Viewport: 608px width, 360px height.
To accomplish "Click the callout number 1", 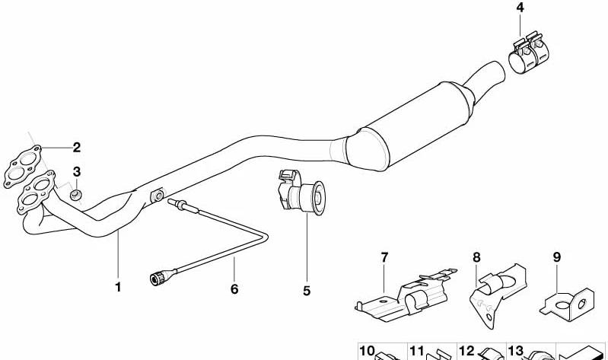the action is click(x=118, y=288).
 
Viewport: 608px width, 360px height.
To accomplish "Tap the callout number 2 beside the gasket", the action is click(x=77, y=148).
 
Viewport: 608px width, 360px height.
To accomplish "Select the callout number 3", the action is click(x=77, y=171).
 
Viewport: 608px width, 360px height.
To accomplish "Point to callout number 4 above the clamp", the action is click(x=520, y=8).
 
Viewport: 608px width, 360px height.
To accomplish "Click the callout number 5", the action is click(x=307, y=291).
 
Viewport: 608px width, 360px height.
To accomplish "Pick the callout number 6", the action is click(x=234, y=289).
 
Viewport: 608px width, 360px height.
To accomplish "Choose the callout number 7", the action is click(x=384, y=257).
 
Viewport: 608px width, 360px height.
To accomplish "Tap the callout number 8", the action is click(x=476, y=257).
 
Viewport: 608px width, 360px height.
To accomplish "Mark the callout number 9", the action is click(x=557, y=256).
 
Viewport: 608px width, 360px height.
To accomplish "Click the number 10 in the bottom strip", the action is click(x=368, y=351).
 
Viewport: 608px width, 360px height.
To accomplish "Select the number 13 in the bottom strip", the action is click(x=516, y=351).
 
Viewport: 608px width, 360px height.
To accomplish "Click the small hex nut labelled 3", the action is click(x=75, y=195).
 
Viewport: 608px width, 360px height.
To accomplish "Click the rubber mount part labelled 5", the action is click(x=301, y=194).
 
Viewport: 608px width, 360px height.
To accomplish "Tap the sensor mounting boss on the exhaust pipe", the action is click(x=158, y=196).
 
